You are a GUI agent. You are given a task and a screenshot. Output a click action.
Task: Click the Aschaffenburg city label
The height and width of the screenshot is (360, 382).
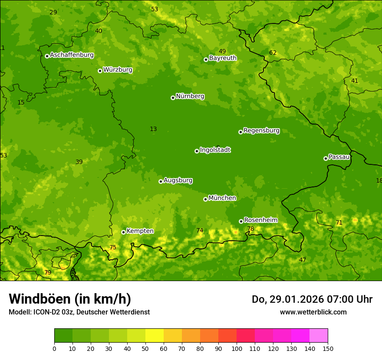click(72, 55)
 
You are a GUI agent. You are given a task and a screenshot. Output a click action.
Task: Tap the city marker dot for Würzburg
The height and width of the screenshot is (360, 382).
click(100, 71)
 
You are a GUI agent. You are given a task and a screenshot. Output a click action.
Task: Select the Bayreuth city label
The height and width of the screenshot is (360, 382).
click(223, 58)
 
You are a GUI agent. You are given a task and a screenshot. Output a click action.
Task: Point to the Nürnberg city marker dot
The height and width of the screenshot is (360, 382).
click(173, 98)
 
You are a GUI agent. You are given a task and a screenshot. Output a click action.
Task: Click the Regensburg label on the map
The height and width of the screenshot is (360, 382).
click(261, 131)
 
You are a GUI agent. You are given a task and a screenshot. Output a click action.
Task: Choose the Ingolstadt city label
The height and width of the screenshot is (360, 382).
click(215, 150)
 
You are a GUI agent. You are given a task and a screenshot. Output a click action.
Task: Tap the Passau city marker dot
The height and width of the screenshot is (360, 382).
click(326, 158)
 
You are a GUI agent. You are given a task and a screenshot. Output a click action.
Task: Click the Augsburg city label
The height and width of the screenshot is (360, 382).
click(178, 180)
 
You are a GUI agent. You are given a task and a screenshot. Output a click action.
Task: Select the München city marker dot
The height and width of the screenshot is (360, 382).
click(205, 199)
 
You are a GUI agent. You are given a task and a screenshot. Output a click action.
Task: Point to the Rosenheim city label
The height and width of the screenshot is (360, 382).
click(260, 220)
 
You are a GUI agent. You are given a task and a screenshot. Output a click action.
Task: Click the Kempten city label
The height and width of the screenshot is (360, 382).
click(140, 231)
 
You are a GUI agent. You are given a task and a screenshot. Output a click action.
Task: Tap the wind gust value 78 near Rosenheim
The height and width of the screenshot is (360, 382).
click(250, 229)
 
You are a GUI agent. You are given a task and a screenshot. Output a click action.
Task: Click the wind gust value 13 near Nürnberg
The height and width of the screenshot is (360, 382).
click(153, 129)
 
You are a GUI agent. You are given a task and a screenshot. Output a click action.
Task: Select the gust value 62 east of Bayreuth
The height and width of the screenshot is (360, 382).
click(273, 53)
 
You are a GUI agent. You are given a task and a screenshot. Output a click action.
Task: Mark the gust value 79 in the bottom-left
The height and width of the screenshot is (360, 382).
click(48, 273)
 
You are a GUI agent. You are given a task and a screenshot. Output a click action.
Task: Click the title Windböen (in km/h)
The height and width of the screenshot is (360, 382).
click(70, 299)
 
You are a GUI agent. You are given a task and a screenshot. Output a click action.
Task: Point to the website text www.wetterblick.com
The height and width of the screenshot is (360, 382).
click(313, 312)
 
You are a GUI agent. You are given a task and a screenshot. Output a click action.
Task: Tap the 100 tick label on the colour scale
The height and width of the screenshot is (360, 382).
click(237, 348)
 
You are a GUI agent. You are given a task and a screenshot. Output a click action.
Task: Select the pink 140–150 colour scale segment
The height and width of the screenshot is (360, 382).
click(319, 336)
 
